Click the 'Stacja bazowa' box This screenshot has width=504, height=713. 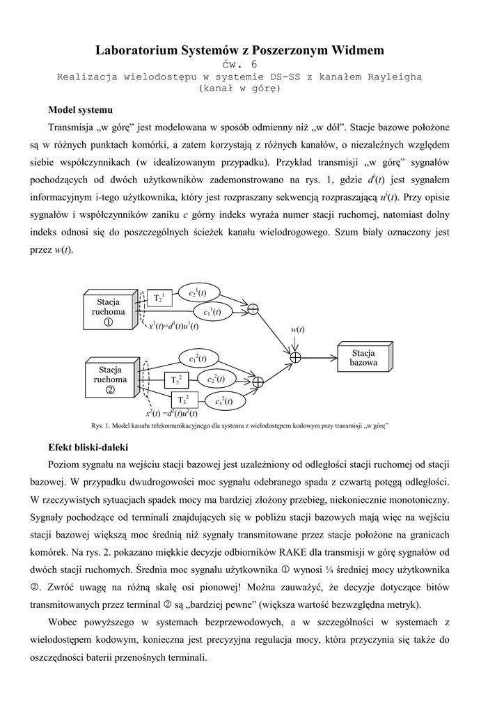364,358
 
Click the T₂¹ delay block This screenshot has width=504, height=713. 159,298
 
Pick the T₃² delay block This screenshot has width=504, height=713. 184,400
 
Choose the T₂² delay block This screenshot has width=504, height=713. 175,380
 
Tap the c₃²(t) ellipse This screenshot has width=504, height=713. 223,400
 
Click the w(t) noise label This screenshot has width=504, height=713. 297,329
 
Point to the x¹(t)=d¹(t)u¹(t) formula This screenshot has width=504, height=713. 173,326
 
